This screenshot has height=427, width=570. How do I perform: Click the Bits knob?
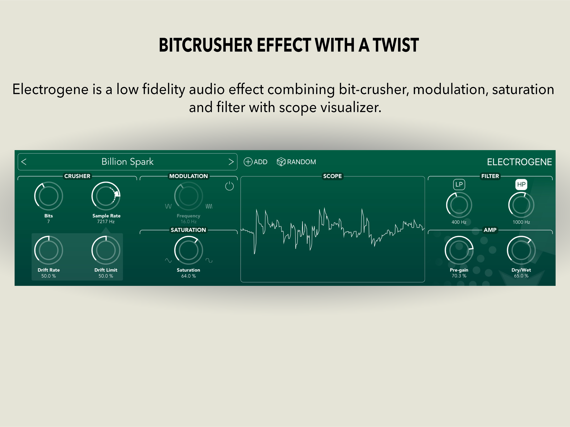[x=48, y=196]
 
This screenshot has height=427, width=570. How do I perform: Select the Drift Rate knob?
[x=48, y=250]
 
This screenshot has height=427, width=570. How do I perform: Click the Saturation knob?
[x=188, y=250]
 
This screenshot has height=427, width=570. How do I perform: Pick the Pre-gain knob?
[x=459, y=250]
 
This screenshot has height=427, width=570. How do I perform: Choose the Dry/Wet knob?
[x=521, y=250]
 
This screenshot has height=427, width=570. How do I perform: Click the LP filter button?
[x=459, y=184]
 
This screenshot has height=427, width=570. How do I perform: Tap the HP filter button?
[x=521, y=184]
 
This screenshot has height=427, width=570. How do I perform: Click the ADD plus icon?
[x=248, y=162]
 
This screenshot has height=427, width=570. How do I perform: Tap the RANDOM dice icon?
[x=281, y=162]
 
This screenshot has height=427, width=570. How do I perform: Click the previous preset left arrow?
[x=24, y=162]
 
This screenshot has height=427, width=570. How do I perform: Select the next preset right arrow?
[x=231, y=162]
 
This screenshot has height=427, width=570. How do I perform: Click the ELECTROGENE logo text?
[x=519, y=162]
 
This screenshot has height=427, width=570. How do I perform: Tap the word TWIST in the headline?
[x=396, y=45]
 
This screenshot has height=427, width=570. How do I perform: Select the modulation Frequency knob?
[x=188, y=196]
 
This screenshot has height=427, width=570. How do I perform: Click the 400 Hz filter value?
[x=459, y=222]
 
